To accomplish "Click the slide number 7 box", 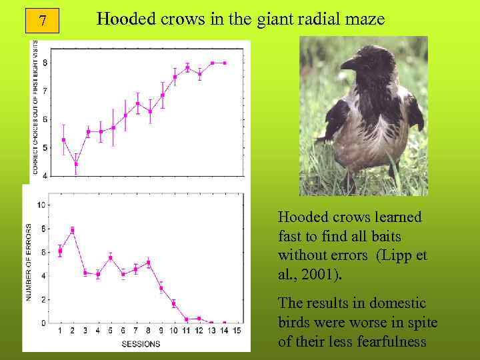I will click(x=43, y=21).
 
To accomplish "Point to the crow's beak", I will click(x=349, y=64).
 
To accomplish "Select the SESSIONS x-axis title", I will click(x=140, y=344).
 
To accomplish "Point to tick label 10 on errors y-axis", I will click(x=41, y=205).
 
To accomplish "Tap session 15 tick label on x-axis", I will click(x=236, y=331).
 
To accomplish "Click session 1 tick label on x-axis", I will click(x=60, y=331).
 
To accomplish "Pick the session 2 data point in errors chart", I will click(x=72, y=230).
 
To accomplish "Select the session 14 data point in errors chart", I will click(x=224, y=323).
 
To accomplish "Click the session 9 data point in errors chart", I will click(x=161, y=288).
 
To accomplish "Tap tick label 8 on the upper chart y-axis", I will click(x=45, y=63).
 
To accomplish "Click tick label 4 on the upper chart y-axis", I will click(x=45, y=175).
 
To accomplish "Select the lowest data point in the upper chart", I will click(x=76, y=163).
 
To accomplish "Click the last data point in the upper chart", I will click(x=225, y=63).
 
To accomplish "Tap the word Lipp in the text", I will click(x=402, y=255).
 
